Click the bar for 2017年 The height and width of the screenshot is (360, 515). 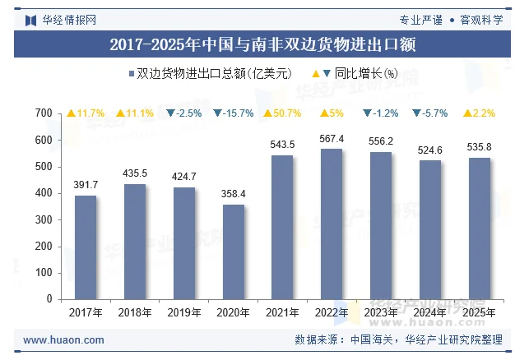coord(86,247)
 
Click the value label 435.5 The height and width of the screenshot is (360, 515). coord(135,173)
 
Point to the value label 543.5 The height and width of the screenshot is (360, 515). coord(282,145)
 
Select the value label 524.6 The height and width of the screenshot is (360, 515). coord(430,150)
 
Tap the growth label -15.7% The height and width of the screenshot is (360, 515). coord(233,113)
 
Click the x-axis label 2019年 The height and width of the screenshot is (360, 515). coord(184,312)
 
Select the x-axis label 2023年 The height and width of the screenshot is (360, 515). coord(381,312)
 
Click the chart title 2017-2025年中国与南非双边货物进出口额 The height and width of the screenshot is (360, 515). coord(257,44)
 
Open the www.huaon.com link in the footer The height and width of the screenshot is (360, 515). coord(63,339)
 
